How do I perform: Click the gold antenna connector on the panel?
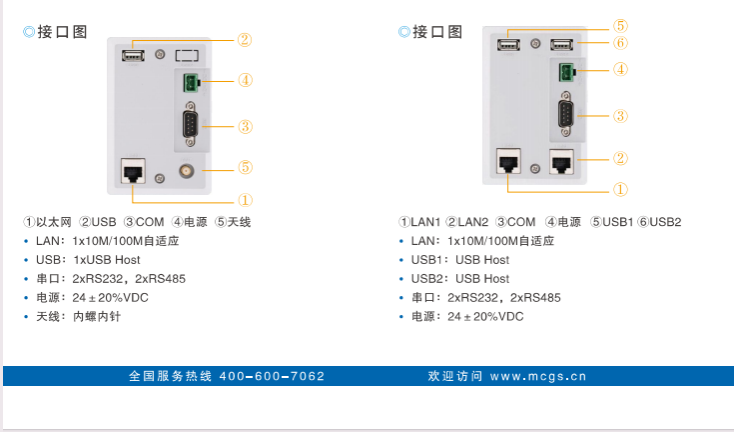pos(185,172)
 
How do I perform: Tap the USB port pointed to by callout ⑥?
pos(561,43)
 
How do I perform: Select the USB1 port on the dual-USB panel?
pos(507,43)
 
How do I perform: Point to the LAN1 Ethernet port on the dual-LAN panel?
pos(507,160)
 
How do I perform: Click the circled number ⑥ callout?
pos(619,43)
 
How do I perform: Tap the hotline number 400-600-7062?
pos(272,377)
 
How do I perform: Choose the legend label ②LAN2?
pos(467,222)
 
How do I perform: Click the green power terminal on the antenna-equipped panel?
pos(190,84)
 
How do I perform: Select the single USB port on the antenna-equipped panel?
pos(132,54)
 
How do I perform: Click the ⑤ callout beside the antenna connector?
pos(245,167)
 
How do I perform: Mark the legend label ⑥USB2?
pos(659,222)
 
